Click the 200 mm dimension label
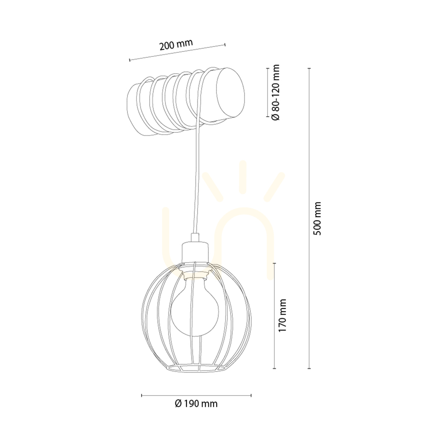[176, 44]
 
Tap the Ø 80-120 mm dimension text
[276, 93]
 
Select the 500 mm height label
[317, 219]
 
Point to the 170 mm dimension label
[282, 315]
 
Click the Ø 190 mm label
[196, 404]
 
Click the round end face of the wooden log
[230, 93]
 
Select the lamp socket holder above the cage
[195, 252]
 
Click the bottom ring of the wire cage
[196, 368]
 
